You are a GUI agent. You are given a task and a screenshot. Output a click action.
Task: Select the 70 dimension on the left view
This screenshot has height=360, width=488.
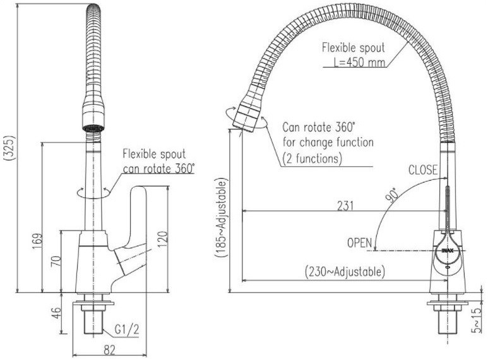[55, 260]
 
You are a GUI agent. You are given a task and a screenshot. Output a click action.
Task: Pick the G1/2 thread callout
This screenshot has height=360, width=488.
[127, 328]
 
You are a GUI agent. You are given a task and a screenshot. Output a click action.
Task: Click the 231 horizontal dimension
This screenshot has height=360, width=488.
[345, 205]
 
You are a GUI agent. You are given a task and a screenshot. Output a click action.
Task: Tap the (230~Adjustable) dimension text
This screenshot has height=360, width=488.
[345, 272]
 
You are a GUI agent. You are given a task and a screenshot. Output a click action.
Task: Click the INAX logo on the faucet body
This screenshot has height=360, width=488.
[447, 251]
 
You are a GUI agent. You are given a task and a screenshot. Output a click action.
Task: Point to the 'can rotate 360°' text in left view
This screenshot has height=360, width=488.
[159, 168]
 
